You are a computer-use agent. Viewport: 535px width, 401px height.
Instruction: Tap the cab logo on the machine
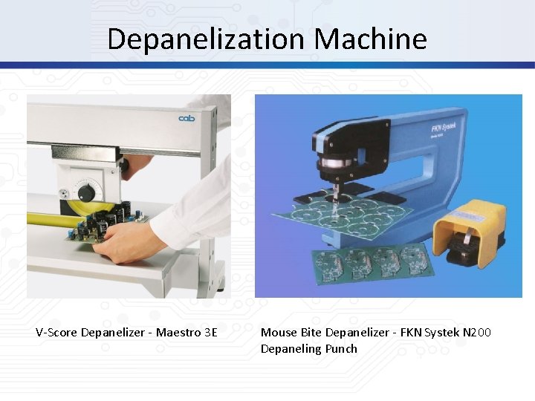[186, 119]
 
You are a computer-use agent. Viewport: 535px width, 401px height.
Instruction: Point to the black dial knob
[87, 193]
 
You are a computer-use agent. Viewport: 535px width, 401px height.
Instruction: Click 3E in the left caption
[210, 333]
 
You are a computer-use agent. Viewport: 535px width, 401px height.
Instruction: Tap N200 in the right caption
[476, 333]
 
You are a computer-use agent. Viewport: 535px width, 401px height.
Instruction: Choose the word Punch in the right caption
[340, 349]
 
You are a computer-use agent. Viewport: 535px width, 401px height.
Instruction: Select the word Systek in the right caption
[441, 333]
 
